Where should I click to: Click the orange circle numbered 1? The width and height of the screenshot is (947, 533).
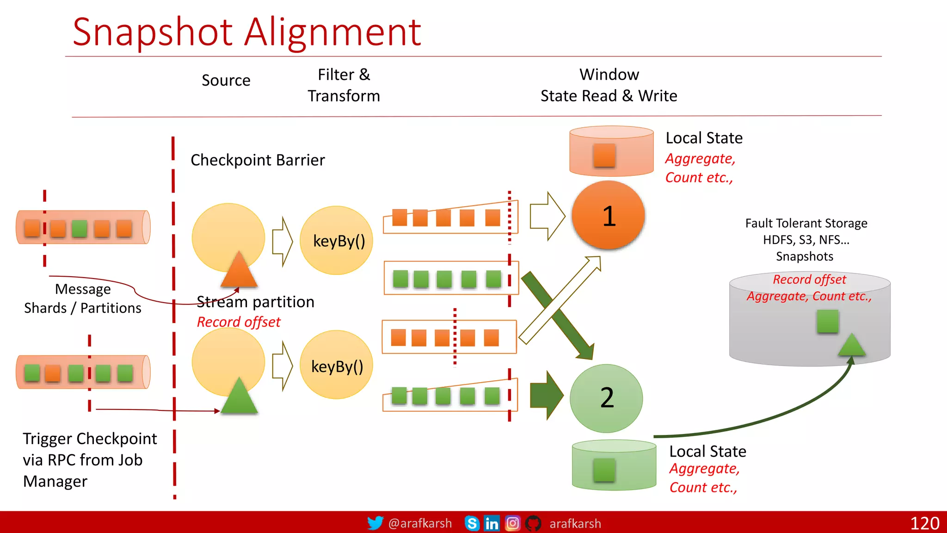(x=608, y=216)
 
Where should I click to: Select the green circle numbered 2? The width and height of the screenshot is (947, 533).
(x=606, y=398)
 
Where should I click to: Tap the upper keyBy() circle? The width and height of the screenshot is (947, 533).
(x=337, y=240)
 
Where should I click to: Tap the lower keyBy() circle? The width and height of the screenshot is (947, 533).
(x=337, y=365)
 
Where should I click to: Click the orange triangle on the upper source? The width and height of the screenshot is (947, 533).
(x=239, y=270)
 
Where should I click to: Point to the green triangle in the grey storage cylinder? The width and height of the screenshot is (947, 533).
(x=851, y=345)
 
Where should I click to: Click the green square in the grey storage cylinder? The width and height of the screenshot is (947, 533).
(x=827, y=321)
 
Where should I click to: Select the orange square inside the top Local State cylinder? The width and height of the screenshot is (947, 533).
(x=604, y=155)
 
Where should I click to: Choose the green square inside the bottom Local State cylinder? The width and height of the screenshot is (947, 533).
(x=604, y=470)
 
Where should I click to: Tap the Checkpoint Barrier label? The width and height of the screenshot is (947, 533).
(x=258, y=160)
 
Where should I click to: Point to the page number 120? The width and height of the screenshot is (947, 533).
(x=924, y=523)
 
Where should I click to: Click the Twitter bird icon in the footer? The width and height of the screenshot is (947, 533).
(x=375, y=523)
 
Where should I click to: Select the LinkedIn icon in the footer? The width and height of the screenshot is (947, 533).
(x=492, y=523)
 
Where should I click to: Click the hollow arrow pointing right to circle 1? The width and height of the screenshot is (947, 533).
(x=547, y=216)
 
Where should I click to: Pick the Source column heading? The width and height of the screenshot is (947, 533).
(x=226, y=81)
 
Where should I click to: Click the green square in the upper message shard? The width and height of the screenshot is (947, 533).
(x=80, y=229)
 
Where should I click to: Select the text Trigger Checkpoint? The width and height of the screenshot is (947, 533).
(x=90, y=439)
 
